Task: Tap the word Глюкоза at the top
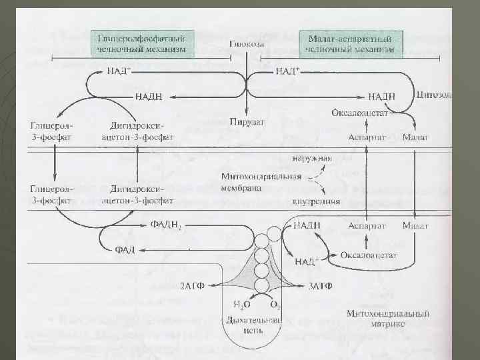coord(247,44)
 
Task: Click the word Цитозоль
coord(434,95)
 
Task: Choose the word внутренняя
coord(317,200)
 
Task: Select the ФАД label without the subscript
coord(125,249)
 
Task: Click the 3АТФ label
coord(321,285)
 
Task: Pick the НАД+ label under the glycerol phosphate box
coord(118,70)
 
